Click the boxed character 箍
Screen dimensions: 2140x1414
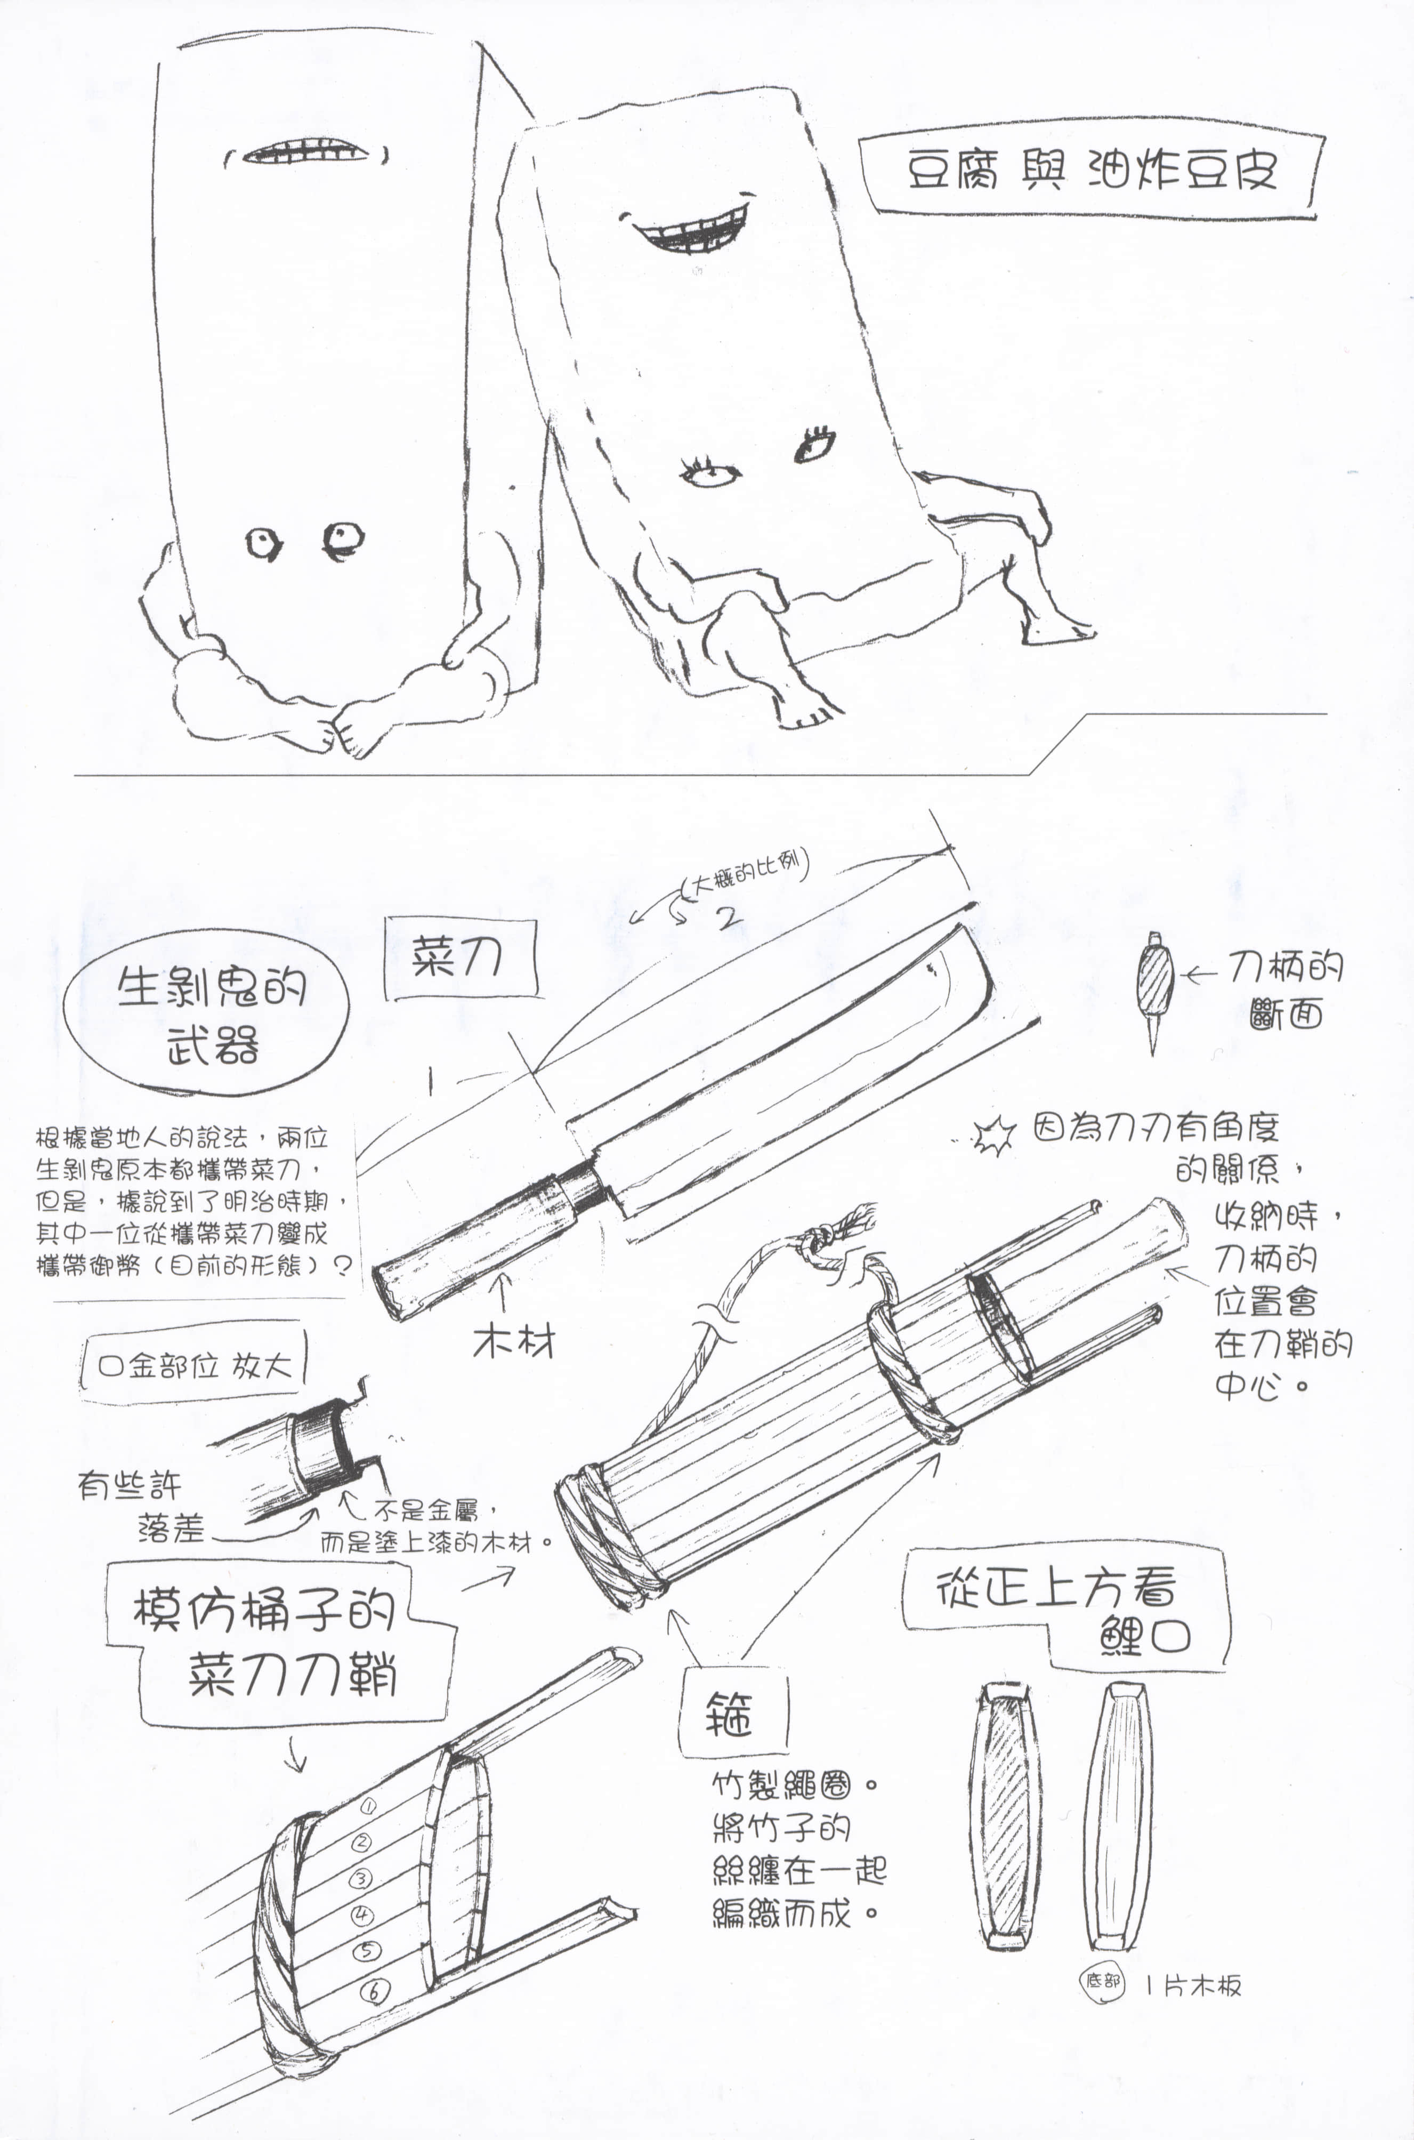(730, 1713)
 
